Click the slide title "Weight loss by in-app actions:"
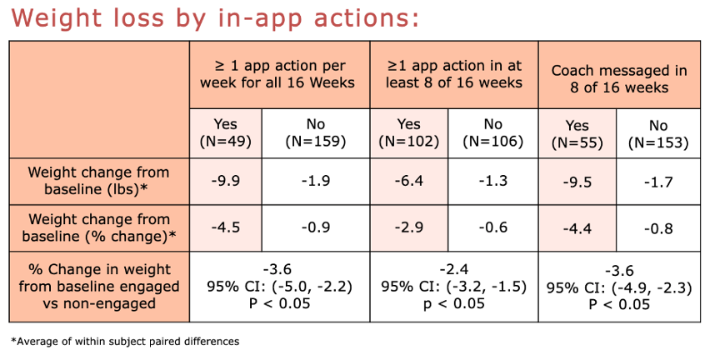[x=215, y=18]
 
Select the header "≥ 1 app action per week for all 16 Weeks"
[x=278, y=74]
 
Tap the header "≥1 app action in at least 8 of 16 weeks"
[x=453, y=74]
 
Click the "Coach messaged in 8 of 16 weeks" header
[x=619, y=78]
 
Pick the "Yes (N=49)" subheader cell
[x=226, y=133]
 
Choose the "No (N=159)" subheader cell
[x=316, y=133]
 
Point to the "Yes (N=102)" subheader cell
[x=408, y=133]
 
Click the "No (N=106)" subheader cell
[x=493, y=133]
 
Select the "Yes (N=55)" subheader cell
[x=577, y=134]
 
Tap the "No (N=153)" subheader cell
[x=658, y=134]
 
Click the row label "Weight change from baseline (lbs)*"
[x=98, y=181]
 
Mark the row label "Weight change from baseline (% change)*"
[x=99, y=227]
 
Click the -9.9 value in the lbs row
[x=226, y=182]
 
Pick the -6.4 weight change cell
[x=408, y=182]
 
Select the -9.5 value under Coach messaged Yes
[x=577, y=182]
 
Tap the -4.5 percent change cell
[x=226, y=227]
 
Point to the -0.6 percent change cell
[x=493, y=227]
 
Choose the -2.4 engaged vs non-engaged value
[x=453, y=269]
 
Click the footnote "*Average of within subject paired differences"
[x=125, y=341]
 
